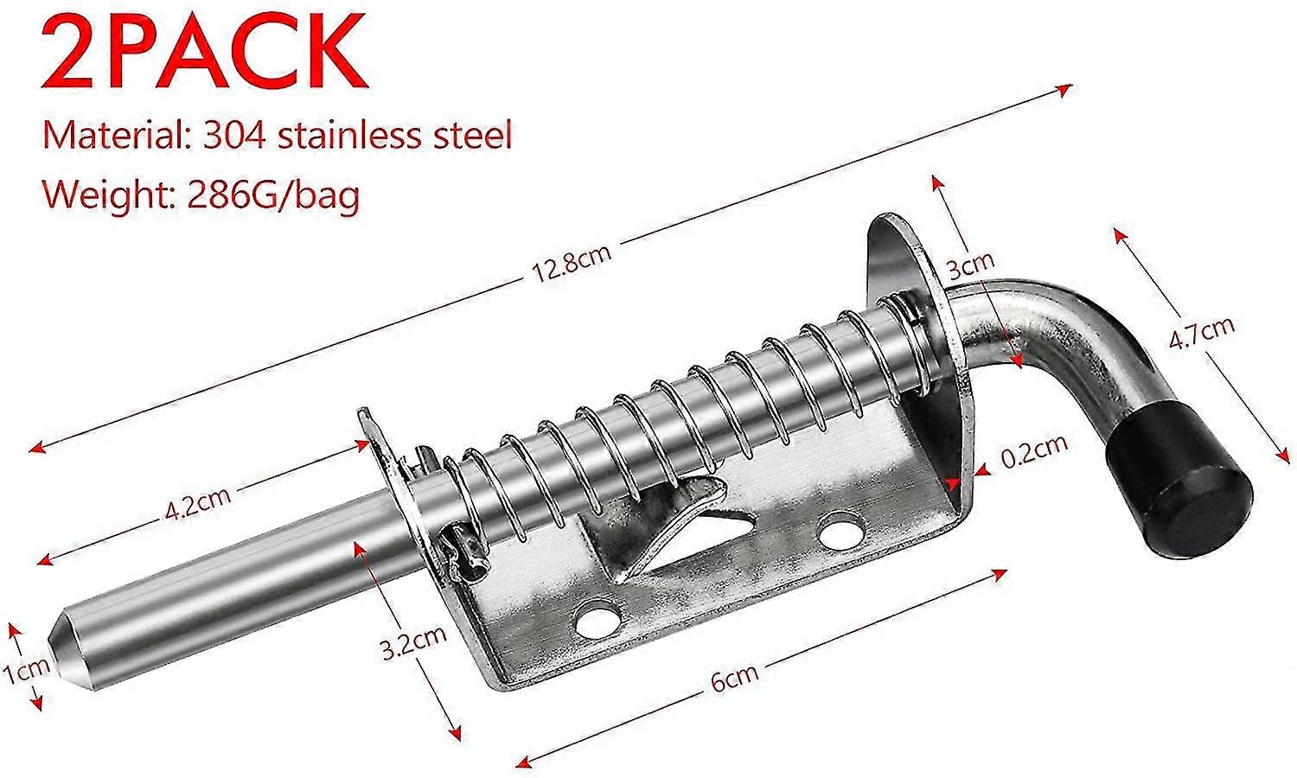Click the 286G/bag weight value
272,195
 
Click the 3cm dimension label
971,265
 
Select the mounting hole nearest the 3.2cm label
597,621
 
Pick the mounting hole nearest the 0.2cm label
838,529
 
